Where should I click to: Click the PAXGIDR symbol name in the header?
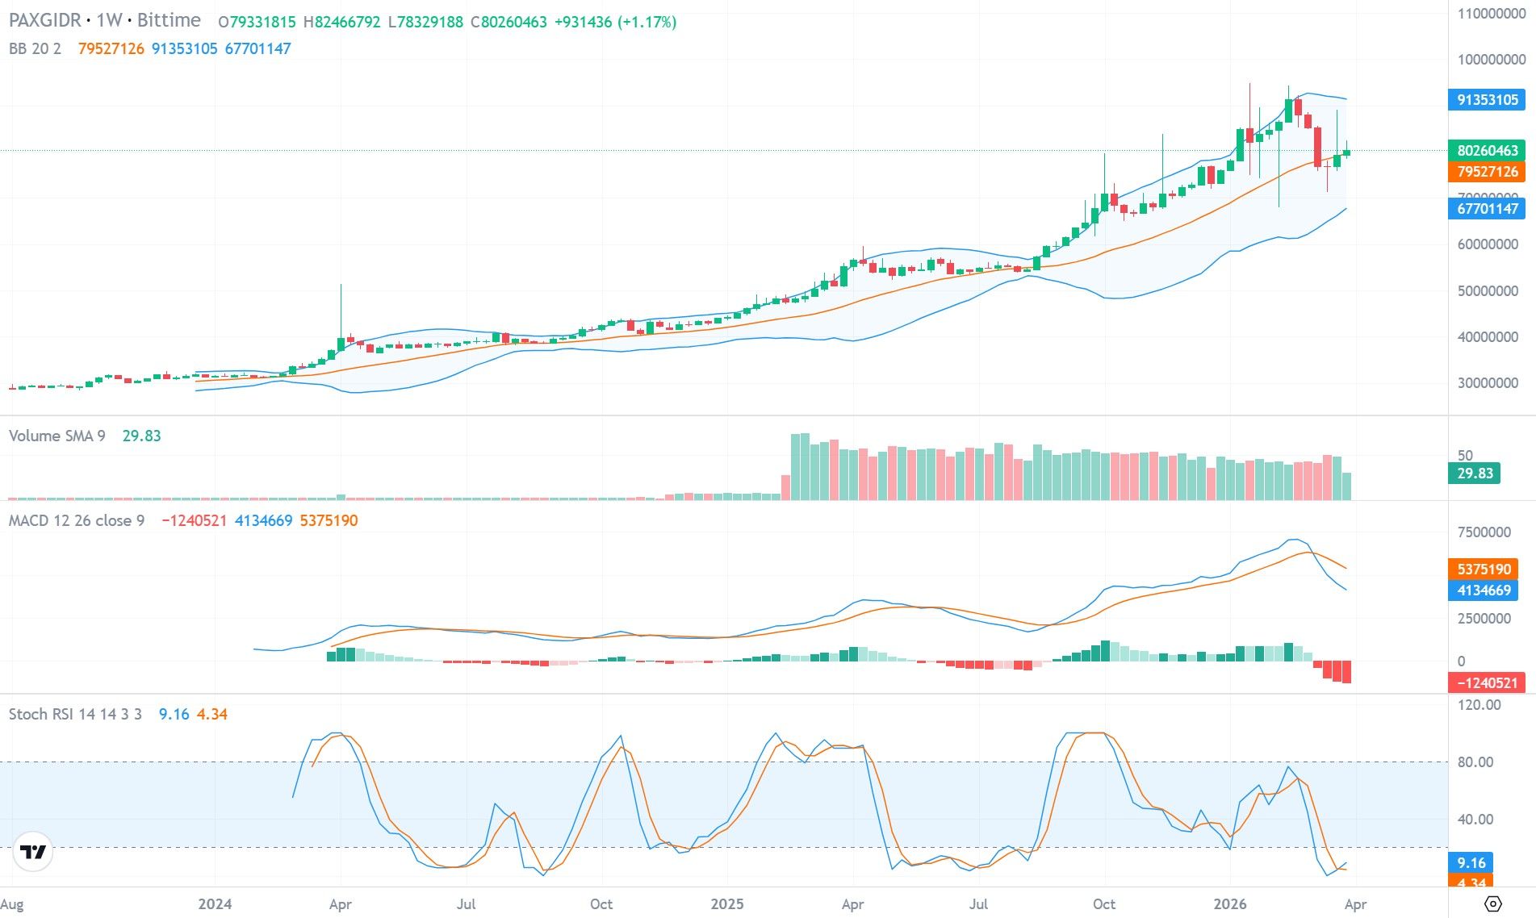point(45,21)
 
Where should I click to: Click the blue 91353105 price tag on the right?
point(1487,100)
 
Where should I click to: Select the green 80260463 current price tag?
point(1487,151)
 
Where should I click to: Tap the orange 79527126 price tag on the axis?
point(1487,172)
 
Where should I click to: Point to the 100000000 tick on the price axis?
point(1491,60)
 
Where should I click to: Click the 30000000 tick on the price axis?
point(1487,383)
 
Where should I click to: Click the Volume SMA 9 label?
point(57,436)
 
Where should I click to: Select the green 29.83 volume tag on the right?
point(1474,474)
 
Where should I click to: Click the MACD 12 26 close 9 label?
point(77,521)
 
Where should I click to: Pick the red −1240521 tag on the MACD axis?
point(1487,683)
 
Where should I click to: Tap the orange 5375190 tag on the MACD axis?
point(1484,570)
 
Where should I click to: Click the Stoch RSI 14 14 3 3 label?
point(75,715)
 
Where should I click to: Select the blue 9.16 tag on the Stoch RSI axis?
point(1471,863)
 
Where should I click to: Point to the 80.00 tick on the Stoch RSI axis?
point(1475,762)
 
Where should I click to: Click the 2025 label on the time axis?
point(726,904)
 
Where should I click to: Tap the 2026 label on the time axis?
point(1229,904)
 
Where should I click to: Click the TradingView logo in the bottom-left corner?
point(33,852)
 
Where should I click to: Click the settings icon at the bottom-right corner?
point(1492,903)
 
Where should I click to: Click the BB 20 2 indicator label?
point(35,49)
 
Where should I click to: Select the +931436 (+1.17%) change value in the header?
point(615,23)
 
